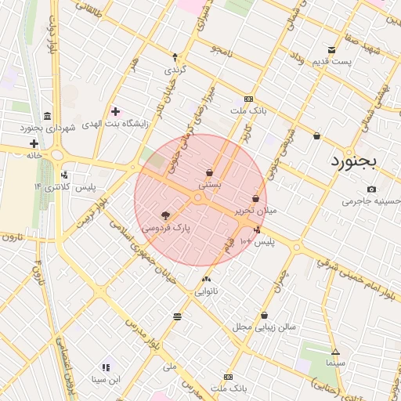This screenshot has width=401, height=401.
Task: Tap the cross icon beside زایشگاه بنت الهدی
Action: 116,111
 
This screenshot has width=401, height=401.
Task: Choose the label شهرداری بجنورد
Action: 47,127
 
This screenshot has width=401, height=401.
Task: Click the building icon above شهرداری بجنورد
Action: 48,115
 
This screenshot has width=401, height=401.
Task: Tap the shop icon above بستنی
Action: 209,172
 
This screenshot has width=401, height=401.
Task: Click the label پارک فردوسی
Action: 166,228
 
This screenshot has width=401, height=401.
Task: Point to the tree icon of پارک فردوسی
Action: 165,215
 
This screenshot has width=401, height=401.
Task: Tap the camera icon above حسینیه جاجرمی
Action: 371,189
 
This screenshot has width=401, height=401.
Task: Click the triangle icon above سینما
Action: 335,352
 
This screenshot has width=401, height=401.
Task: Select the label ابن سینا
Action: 105,379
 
